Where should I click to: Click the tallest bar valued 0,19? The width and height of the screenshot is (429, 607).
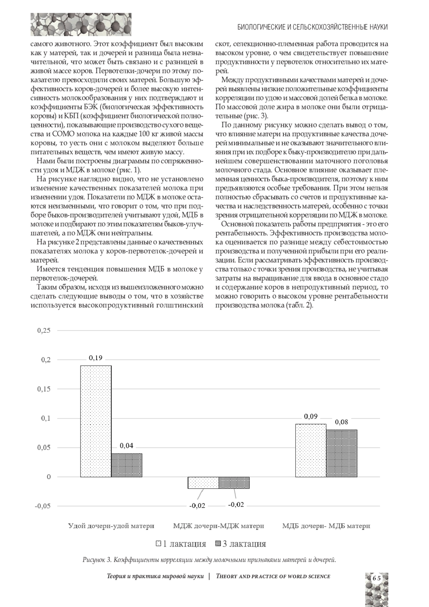pyautogui.click(x=95, y=421)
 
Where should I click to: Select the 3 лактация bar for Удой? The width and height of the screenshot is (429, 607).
pyautogui.click(x=127, y=465)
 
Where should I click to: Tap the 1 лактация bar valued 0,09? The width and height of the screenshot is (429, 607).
pyautogui.click(x=311, y=450)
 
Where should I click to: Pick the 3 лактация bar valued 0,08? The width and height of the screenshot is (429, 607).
pyautogui.click(x=341, y=453)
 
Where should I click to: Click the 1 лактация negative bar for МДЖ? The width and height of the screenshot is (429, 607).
pyautogui.click(x=203, y=483)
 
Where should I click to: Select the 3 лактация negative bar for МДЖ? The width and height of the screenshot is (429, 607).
pyautogui.click(x=234, y=483)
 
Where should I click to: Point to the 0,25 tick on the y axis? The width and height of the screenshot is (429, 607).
pyautogui.click(x=44, y=331)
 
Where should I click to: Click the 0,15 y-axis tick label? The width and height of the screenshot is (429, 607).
pyautogui.click(x=44, y=389)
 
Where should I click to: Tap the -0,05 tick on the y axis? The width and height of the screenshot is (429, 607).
pyautogui.click(x=43, y=506)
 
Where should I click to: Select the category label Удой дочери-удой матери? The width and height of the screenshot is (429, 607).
pyautogui.click(x=111, y=526)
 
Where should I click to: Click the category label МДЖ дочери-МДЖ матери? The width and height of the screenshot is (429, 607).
pyautogui.click(x=218, y=526)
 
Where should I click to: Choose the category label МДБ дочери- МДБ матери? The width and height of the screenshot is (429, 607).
pyautogui.click(x=326, y=526)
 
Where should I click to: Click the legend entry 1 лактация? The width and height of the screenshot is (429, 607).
pyautogui.click(x=181, y=544)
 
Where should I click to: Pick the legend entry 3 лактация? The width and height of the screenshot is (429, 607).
pyautogui.click(x=241, y=544)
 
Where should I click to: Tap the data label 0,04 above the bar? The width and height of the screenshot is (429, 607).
pyautogui.click(x=127, y=446)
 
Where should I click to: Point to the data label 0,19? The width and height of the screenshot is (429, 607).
pyautogui.click(x=95, y=358)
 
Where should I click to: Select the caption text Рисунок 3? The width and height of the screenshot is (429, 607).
pyautogui.click(x=97, y=560)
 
